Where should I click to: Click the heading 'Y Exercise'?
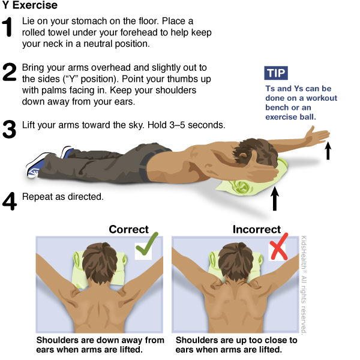pos(29,5)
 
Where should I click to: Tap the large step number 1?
pos(7,27)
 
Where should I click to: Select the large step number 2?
pos(10,72)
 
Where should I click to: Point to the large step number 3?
pos(9,129)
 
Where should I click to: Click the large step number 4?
pos(10,201)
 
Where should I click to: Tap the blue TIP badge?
pos(276,73)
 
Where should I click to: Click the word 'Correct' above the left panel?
pos(128,229)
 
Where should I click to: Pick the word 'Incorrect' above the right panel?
pos(257,229)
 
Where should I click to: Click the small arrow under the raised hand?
pos(328,151)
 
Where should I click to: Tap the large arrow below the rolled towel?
pos(275,199)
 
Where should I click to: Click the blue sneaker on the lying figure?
pos(36,166)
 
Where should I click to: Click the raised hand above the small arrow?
pos(317,135)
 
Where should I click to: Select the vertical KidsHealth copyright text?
pos(304,285)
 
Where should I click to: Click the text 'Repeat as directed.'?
pos(62,197)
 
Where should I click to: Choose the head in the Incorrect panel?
pos(236,262)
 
